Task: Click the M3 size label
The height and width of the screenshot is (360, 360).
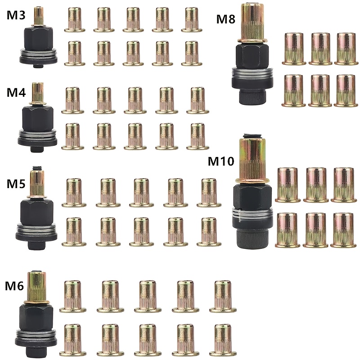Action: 16,15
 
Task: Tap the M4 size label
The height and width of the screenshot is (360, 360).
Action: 16,92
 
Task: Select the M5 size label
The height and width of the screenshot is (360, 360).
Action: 16,184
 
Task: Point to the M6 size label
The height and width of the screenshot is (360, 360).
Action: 14,286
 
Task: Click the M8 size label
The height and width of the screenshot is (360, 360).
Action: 226,19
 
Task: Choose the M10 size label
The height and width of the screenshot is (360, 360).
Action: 221,161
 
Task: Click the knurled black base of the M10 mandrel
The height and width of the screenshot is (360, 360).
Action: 252,239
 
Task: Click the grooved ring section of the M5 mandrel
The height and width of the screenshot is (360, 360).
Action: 36,229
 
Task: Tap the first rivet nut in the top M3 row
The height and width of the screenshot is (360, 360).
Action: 75,20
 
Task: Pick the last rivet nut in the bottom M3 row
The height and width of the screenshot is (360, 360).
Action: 192,54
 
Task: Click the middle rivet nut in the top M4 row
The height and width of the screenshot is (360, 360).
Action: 135,100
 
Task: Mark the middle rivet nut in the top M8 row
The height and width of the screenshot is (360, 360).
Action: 320,49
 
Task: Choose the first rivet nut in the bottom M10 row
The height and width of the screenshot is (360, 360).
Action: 288,230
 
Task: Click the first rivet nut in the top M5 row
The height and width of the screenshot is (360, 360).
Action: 74,193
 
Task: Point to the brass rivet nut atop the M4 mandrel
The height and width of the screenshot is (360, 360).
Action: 38,93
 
